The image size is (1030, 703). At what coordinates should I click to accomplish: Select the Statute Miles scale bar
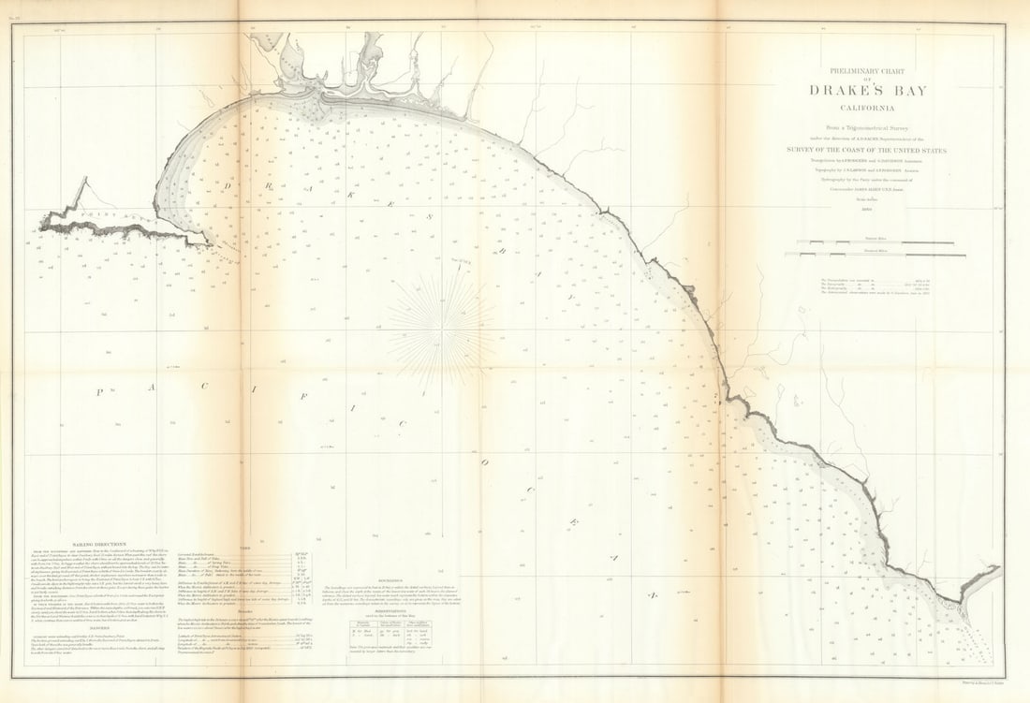(881, 253)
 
